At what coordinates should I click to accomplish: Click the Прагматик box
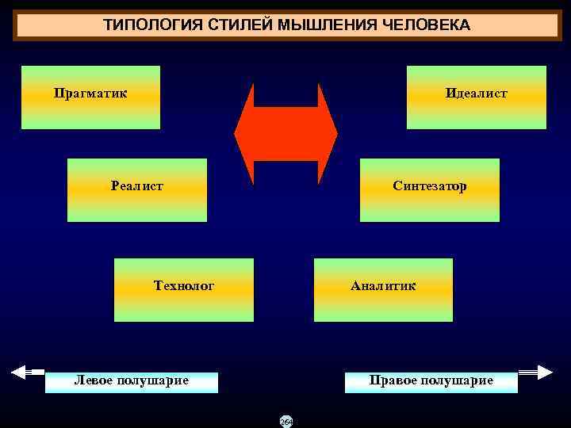click(x=90, y=97)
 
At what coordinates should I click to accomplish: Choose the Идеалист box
click(x=477, y=97)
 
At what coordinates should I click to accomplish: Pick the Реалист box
click(x=137, y=190)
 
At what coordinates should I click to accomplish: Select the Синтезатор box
click(x=430, y=190)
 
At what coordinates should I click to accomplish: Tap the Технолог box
click(x=184, y=290)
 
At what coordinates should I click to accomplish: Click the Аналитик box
click(x=384, y=290)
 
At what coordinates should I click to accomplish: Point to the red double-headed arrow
click(x=285, y=134)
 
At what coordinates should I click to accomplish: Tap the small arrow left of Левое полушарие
click(x=29, y=371)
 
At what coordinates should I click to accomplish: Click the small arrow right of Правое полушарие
click(x=535, y=371)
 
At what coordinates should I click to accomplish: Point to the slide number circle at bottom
click(x=286, y=422)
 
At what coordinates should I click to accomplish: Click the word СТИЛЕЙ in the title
click(x=238, y=25)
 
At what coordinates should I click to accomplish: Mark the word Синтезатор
click(x=430, y=186)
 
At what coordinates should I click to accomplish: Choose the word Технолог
click(x=184, y=285)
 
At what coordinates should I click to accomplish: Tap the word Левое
click(x=94, y=380)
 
